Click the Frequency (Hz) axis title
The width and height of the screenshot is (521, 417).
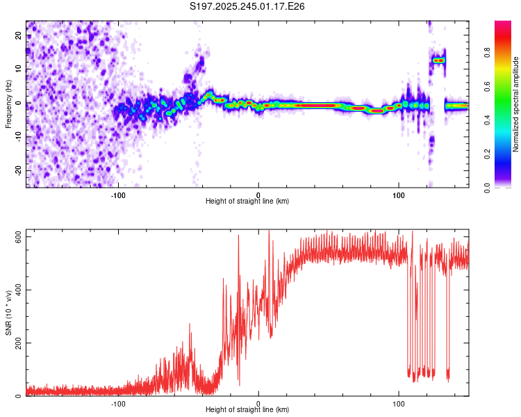click(8, 104)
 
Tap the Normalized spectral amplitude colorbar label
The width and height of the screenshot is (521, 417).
click(516, 104)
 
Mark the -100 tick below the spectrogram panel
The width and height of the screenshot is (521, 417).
click(118, 195)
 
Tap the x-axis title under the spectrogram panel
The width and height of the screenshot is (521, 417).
click(247, 202)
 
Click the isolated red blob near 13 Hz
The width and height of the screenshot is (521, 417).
click(438, 60)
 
